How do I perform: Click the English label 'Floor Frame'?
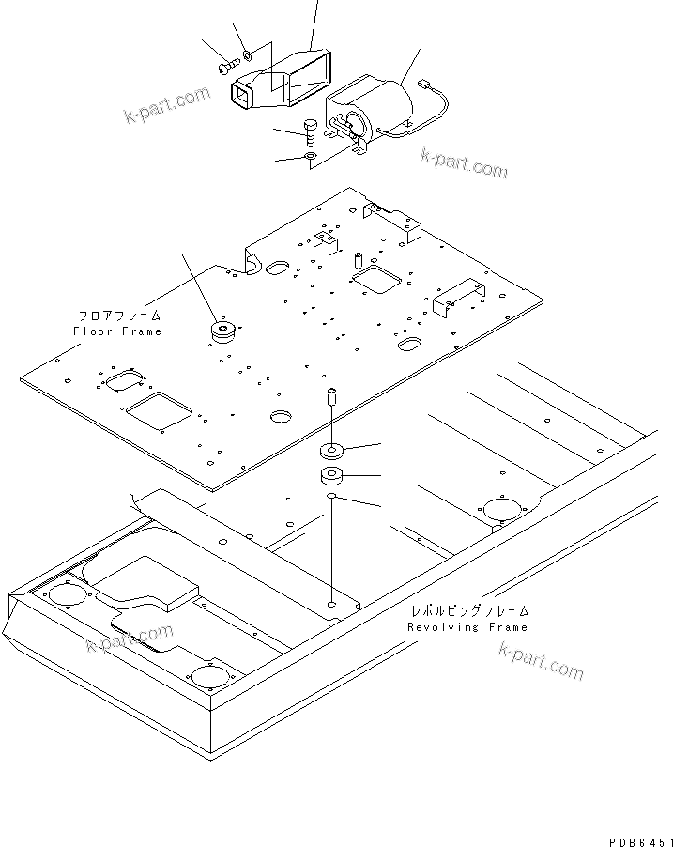pyautogui.click(x=117, y=331)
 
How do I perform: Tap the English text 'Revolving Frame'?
pyautogui.click(x=467, y=626)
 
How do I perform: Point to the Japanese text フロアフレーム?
pyautogui.click(x=119, y=316)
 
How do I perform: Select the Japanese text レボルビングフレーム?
pyautogui.click(x=468, y=611)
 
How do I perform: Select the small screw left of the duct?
pyautogui.click(x=228, y=67)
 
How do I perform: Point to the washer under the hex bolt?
pyautogui.click(x=311, y=155)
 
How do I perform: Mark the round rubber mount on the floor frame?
pyautogui.click(x=223, y=332)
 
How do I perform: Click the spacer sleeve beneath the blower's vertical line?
pyautogui.click(x=358, y=258)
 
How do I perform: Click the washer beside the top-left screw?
pyautogui.click(x=246, y=56)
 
